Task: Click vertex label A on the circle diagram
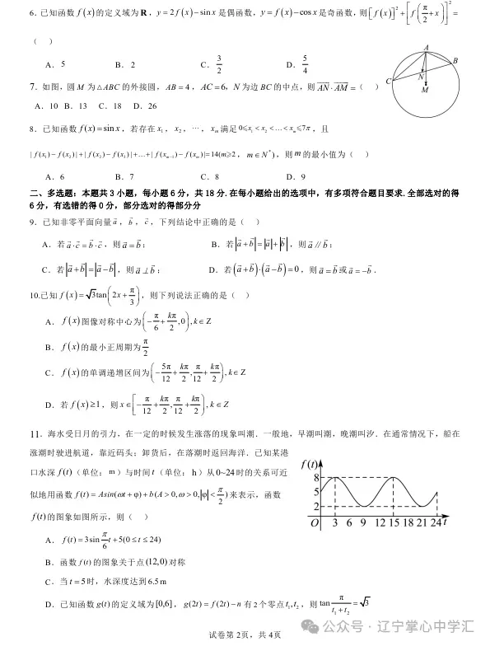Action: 425,47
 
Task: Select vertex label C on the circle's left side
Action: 388,82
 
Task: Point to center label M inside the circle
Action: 425,91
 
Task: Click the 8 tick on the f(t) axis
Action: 305,477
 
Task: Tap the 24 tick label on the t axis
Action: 436,522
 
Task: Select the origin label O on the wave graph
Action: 313,522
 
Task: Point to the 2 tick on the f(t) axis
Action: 305,506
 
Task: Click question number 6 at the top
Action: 32,13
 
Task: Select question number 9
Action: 32,222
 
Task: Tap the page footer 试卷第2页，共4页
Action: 245,634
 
